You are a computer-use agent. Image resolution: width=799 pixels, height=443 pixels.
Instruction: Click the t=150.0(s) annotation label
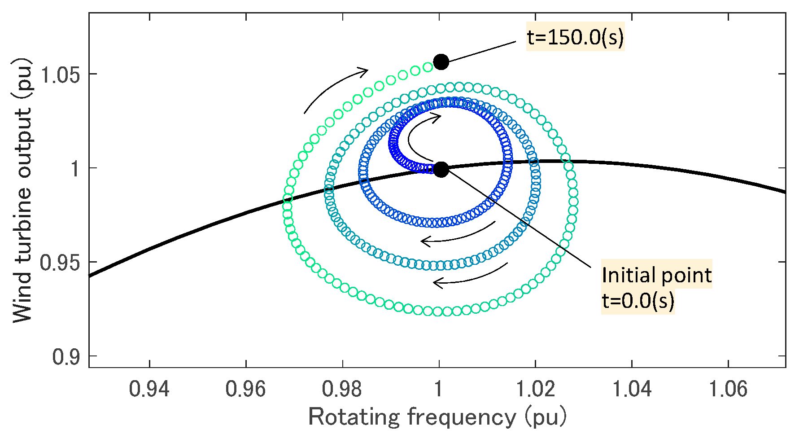tap(575, 38)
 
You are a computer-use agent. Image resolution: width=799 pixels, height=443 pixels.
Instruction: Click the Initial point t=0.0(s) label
tap(656, 287)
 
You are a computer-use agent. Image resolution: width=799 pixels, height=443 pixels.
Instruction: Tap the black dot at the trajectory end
tap(441, 61)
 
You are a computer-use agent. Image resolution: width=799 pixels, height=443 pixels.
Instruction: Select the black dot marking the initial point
tap(441, 170)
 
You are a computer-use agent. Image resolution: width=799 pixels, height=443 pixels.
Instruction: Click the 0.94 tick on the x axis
tap(149, 388)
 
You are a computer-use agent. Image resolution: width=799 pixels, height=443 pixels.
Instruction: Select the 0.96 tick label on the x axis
tap(246, 388)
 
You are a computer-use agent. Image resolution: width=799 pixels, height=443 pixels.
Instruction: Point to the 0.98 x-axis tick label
tap(342, 388)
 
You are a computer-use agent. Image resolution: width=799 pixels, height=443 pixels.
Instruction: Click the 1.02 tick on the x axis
tap(535, 388)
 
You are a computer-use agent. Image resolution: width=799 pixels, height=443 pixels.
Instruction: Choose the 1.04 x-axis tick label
tap(632, 388)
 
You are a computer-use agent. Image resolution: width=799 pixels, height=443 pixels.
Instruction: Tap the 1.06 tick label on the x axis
tap(728, 388)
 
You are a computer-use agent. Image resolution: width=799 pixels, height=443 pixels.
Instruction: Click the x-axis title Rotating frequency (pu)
tap(437, 417)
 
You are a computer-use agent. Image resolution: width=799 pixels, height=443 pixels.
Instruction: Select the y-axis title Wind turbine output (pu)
tap(22, 191)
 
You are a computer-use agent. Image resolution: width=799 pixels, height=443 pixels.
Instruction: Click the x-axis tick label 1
tap(439, 388)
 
